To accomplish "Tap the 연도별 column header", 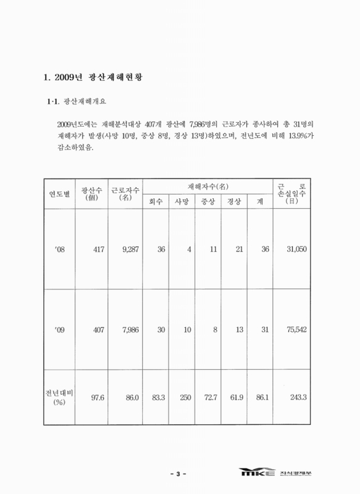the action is pyautogui.click(x=57, y=194).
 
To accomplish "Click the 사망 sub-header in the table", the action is pyautogui.click(x=182, y=202).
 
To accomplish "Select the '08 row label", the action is pyautogui.click(x=60, y=249).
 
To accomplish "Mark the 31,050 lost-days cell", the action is pyautogui.click(x=294, y=249).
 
